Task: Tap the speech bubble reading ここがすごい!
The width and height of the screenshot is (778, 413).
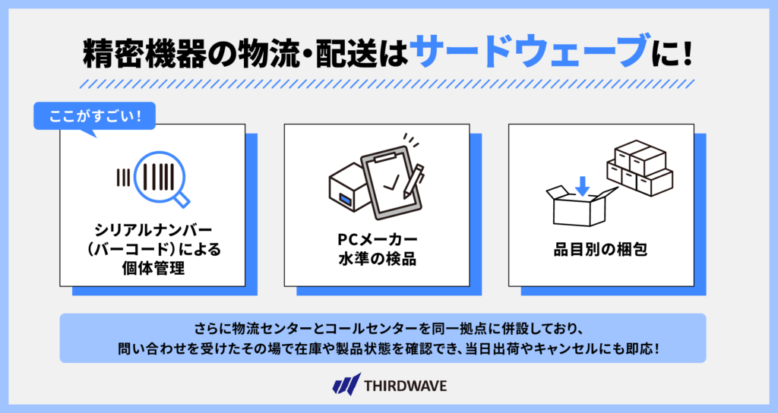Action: click(94, 117)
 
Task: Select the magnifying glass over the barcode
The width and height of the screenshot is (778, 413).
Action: click(163, 179)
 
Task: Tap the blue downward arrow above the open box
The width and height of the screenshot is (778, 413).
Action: click(582, 186)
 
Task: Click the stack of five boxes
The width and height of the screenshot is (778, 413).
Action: click(640, 168)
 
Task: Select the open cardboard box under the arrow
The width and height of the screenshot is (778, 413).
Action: click(581, 206)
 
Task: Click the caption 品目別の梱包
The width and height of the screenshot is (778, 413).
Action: click(600, 249)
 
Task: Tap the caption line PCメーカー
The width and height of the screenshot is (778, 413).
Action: click(377, 239)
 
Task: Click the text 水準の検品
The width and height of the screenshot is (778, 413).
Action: click(377, 259)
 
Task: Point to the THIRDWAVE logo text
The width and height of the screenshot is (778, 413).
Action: click(406, 386)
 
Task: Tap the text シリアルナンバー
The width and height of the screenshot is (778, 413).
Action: click(153, 230)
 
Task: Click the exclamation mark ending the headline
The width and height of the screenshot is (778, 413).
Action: click(686, 52)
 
